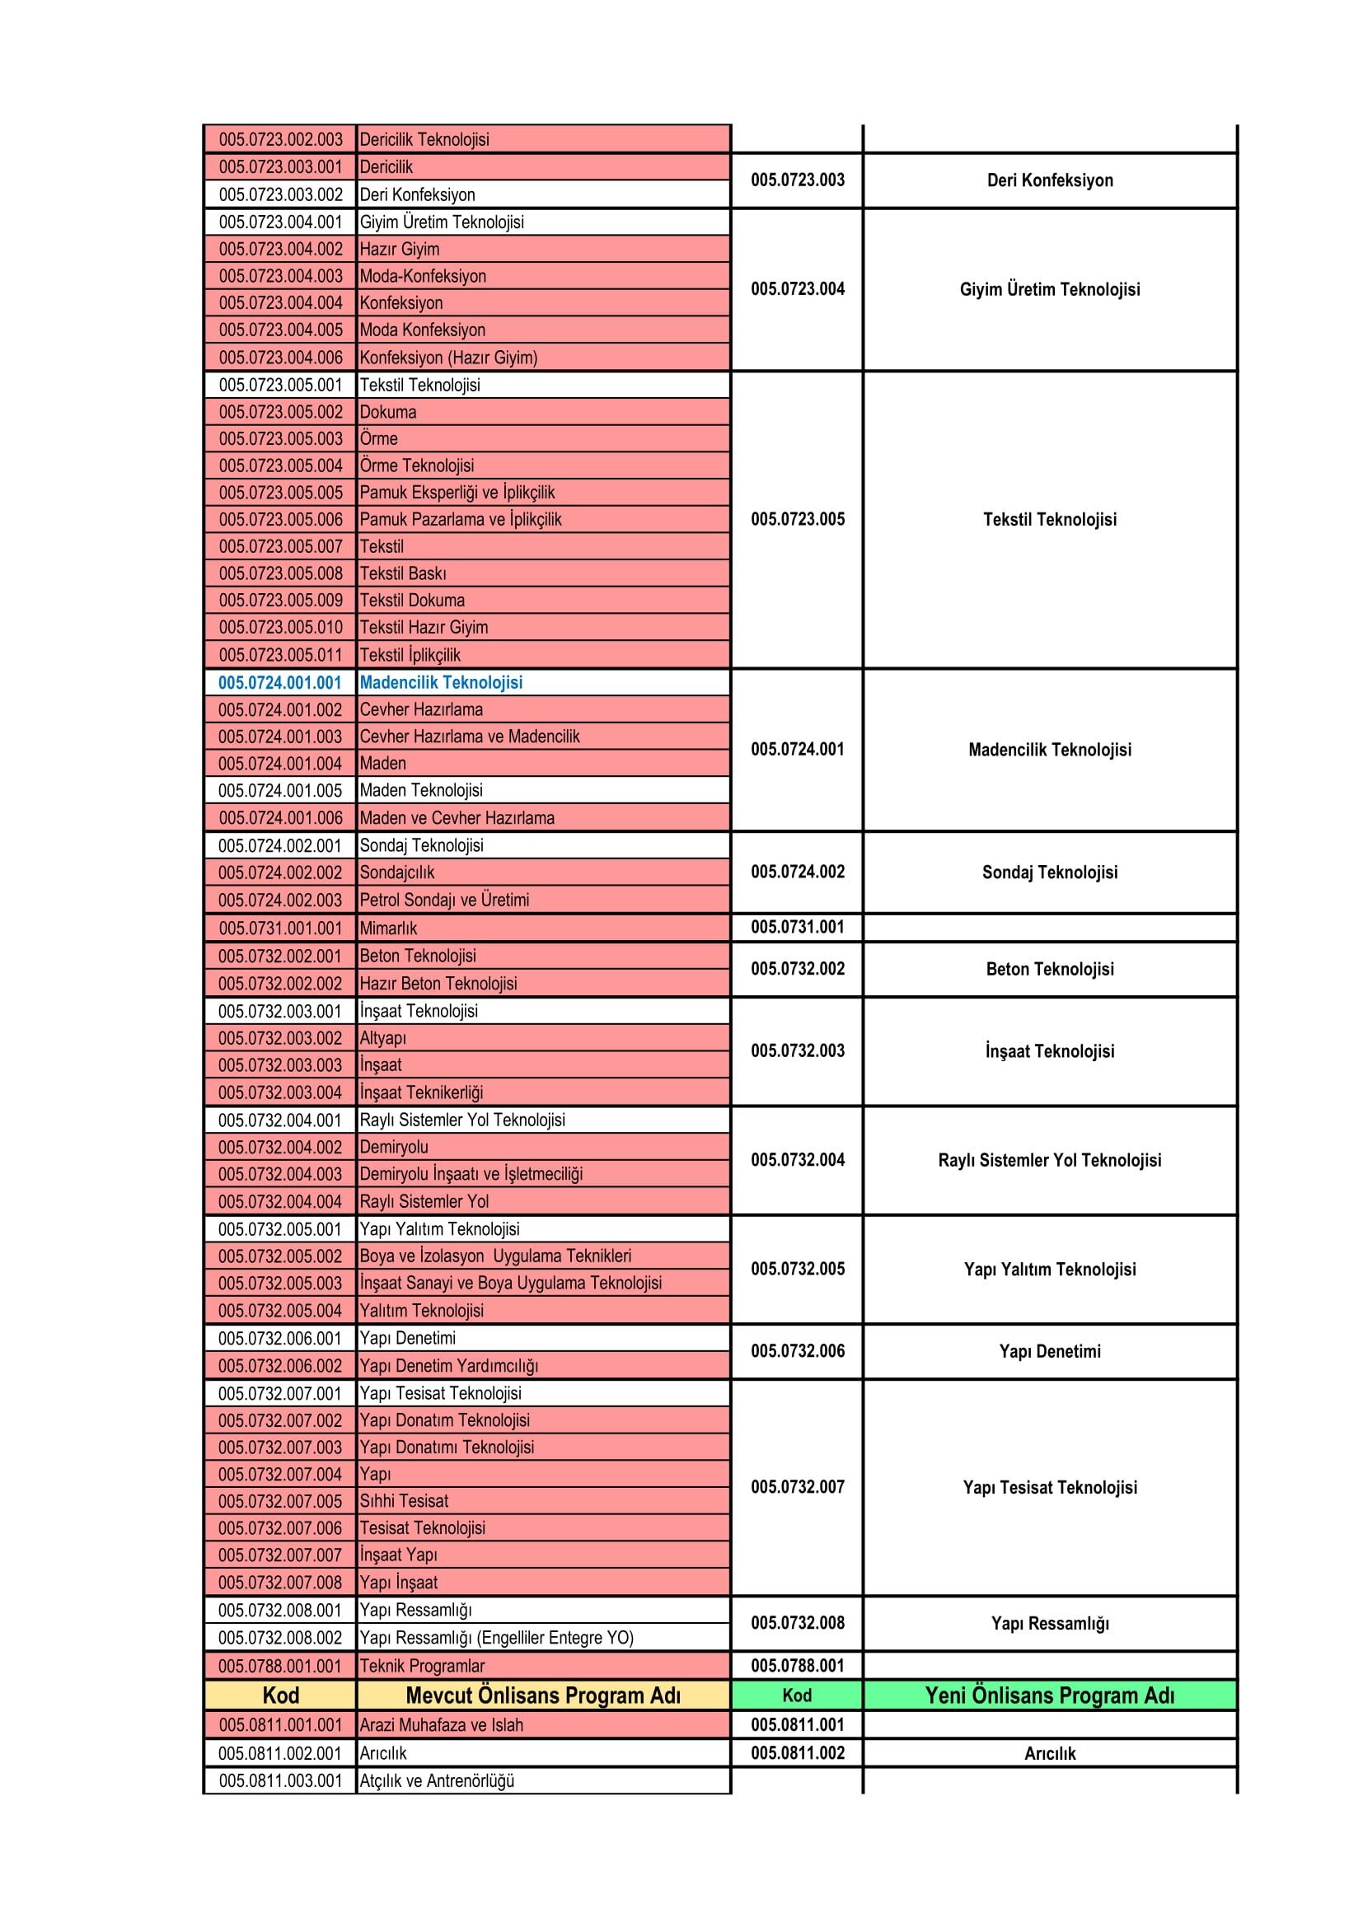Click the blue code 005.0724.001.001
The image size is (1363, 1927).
(279, 682)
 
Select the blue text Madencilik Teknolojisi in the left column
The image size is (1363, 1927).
(441, 682)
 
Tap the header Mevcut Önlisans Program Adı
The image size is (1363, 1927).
(542, 1695)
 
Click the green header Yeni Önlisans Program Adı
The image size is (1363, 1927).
(1049, 1695)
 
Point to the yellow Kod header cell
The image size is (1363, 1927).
(280, 1695)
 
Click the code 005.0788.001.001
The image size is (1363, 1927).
(280, 1666)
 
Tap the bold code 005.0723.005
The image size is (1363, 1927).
(798, 520)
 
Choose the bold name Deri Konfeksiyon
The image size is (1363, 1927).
(1049, 180)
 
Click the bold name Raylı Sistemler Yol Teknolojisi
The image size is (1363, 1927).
(1049, 1161)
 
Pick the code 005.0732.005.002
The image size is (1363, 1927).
(280, 1256)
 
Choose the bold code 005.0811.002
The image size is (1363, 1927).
(798, 1753)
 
